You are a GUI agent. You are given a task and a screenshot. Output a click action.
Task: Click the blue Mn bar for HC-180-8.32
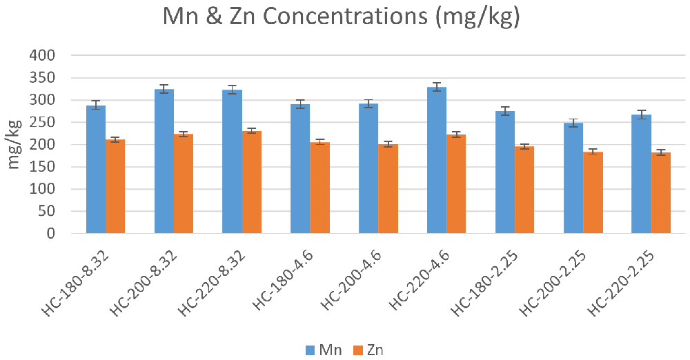click(x=96, y=170)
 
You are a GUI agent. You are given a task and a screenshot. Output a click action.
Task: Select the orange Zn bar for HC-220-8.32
click(x=252, y=182)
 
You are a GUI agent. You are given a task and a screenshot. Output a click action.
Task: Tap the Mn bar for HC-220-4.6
click(x=437, y=160)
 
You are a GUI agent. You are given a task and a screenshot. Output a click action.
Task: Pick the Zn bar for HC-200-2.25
click(x=593, y=193)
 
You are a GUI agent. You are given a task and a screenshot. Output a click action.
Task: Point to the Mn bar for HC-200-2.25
click(x=573, y=178)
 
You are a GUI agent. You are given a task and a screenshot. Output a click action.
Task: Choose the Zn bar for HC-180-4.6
click(x=320, y=188)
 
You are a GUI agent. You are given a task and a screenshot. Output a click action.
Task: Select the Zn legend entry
click(x=368, y=350)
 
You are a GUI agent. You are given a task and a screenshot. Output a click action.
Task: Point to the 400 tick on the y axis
click(x=42, y=55)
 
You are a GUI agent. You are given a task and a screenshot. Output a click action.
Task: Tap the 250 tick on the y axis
click(x=42, y=122)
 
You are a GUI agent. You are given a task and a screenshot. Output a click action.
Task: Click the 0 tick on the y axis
click(x=51, y=233)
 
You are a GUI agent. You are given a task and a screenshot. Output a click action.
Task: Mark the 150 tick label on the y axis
click(x=42, y=167)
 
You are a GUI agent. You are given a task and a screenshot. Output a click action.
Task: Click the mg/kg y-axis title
click(x=14, y=144)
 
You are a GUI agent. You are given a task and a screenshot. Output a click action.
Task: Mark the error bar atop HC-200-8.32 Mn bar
click(x=164, y=89)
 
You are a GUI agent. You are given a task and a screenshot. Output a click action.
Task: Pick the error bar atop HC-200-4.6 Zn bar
click(x=388, y=144)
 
